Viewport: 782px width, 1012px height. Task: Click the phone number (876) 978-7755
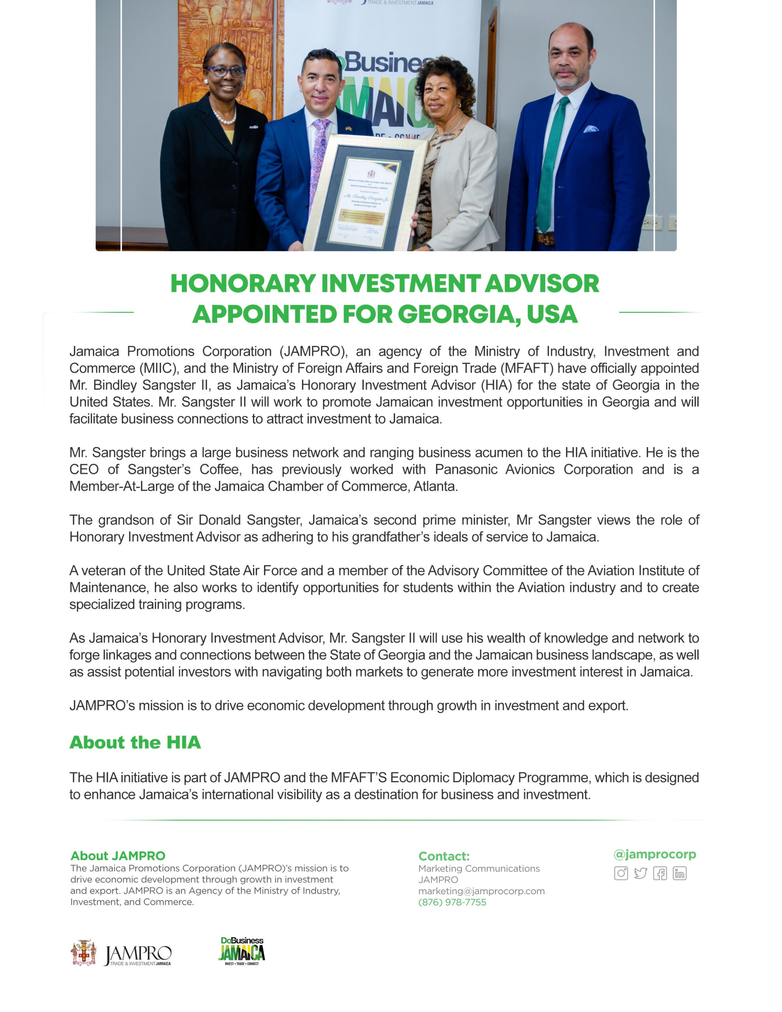click(452, 902)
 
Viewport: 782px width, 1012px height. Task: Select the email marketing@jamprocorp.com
click(481, 891)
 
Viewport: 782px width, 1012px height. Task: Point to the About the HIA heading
click(135, 742)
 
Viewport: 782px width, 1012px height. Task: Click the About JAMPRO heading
click(118, 855)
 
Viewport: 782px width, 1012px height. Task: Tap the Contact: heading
click(444, 856)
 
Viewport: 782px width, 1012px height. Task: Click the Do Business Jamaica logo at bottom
click(242, 951)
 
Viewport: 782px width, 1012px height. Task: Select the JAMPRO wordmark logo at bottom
click(138, 955)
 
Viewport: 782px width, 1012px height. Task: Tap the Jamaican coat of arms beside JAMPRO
click(83, 953)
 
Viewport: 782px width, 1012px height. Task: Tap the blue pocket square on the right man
click(591, 129)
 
